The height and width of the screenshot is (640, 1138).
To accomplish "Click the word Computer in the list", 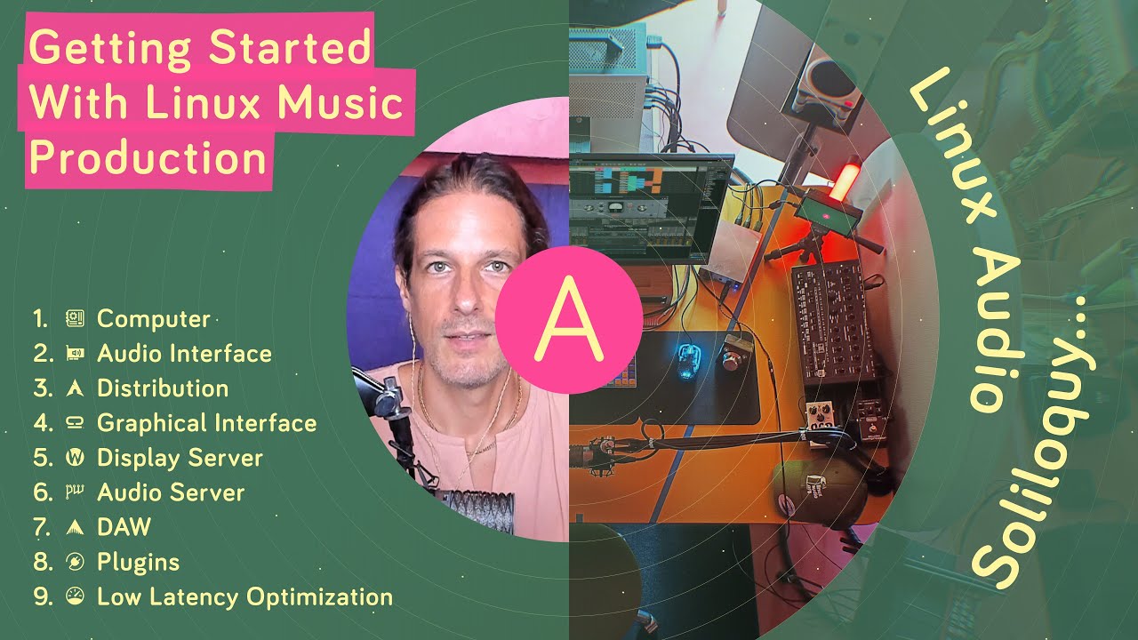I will coord(153,319).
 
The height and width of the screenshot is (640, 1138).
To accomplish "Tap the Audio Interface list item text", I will coord(184,354).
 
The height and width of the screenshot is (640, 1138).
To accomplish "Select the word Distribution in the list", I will coord(163,388).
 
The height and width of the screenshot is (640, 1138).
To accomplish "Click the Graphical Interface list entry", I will coord(206,423).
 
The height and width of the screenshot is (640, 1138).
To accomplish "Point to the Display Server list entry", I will coord(180,458).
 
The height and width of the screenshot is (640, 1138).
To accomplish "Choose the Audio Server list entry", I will coord(171,492).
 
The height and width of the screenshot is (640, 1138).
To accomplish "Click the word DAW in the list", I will coord(124,527).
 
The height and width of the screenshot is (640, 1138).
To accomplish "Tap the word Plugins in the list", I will coord(138,562).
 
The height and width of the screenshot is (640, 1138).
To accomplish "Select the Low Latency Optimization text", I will coord(244,596).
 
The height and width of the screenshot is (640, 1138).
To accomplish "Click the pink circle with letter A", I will coord(567,319).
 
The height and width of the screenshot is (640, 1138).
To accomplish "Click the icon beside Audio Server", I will coord(75,492).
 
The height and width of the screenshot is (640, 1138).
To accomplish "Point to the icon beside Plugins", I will coord(75,562).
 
